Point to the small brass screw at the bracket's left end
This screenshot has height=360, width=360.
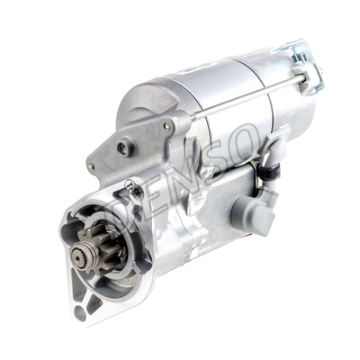pos(91,166)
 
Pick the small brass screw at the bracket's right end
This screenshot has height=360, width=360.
pos(166,127)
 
